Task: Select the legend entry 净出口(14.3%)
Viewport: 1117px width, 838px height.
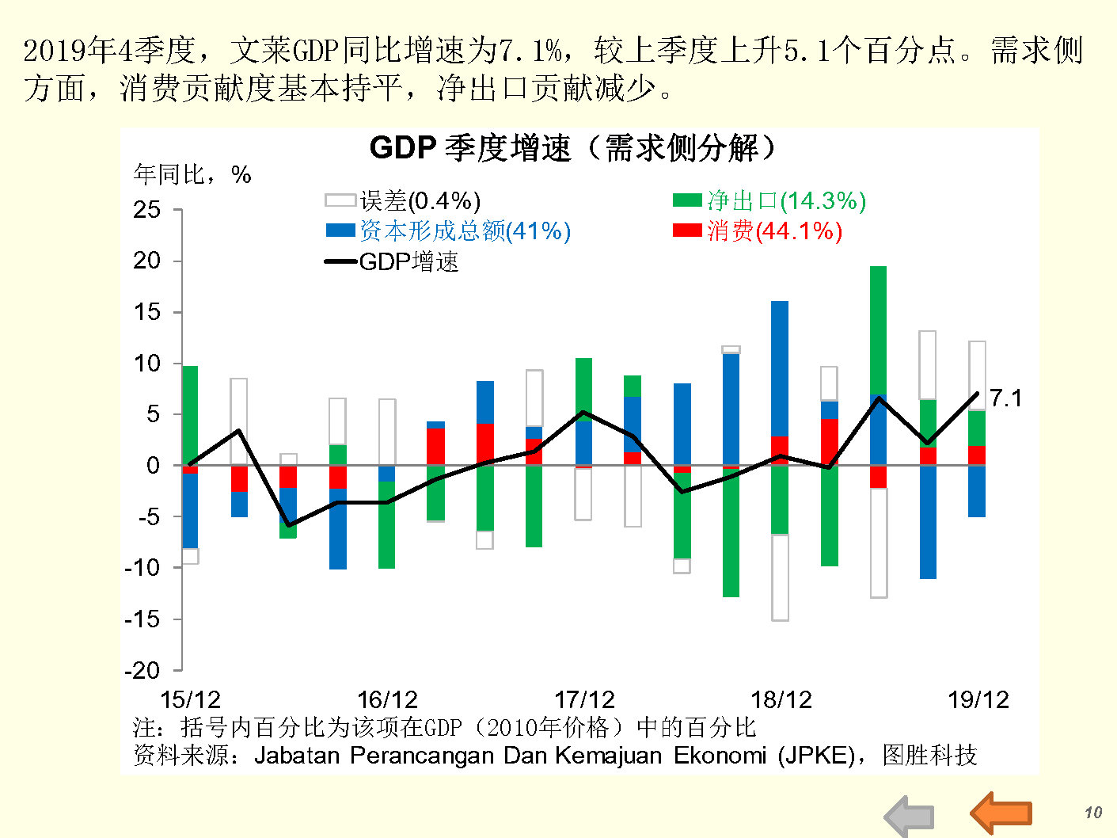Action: [x=769, y=201]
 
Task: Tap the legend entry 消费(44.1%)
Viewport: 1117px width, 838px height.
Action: [x=757, y=231]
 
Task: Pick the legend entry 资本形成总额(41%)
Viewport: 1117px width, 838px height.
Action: [x=448, y=231]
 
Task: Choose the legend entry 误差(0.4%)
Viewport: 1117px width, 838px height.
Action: [x=404, y=201]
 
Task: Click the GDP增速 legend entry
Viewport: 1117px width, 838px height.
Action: [x=393, y=262]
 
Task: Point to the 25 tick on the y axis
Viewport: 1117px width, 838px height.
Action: [x=147, y=210]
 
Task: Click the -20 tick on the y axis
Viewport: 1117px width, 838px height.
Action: [x=142, y=670]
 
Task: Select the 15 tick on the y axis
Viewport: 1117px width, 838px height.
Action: [x=147, y=312]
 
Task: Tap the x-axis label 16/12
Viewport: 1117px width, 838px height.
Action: [x=387, y=700]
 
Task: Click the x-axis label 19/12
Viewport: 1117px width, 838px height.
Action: [x=978, y=700]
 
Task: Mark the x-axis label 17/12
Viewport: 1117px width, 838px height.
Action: [x=584, y=700]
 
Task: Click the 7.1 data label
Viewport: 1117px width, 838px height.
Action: [x=1005, y=398]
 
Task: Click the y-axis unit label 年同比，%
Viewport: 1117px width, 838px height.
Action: [x=192, y=174]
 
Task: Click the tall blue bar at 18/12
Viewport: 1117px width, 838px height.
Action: [x=780, y=368]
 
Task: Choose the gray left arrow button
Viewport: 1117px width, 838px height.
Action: [x=910, y=817]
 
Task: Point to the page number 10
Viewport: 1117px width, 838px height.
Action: [x=1092, y=812]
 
